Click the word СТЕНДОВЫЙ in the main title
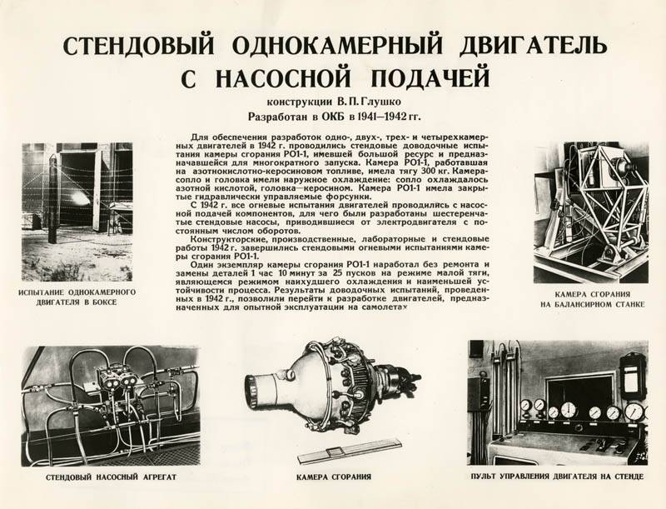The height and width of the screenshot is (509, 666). point(138,45)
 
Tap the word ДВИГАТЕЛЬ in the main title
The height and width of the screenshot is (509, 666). point(533,45)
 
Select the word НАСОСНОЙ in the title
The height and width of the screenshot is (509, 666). point(283,77)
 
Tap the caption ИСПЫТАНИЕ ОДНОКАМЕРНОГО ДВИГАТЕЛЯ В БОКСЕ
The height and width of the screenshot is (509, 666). point(77,297)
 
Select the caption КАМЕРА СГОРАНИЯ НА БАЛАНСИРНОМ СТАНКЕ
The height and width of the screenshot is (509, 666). point(593,299)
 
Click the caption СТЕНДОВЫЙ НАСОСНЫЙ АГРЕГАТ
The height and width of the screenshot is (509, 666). point(111,477)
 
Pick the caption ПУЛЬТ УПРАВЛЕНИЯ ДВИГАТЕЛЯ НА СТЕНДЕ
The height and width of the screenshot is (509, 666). point(557,477)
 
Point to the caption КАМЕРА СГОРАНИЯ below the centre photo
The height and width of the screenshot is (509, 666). point(334,477)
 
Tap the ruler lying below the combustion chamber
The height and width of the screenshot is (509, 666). point(350,451)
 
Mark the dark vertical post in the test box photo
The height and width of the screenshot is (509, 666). point(52,199)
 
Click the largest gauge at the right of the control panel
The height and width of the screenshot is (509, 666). point(634,412)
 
